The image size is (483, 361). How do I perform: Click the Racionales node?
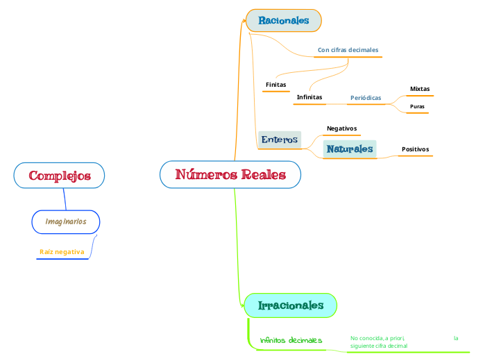[x=283, y=21]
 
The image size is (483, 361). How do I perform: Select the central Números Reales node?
[x=230, y=174]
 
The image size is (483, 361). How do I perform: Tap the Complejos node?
[x=60, y=176]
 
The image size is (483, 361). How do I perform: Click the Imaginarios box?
[x=66, y=221]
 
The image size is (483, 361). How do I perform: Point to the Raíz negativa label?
[x=62, y=251]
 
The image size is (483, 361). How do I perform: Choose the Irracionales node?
[x=290, y=305]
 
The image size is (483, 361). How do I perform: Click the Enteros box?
[x=279, y=140]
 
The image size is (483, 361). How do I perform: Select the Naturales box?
[x=350, y=149]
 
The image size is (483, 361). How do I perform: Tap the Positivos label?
[x=415, y=149]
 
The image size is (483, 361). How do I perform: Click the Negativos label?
[x=341, y=128]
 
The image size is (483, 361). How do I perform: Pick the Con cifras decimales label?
[x=348, y=50]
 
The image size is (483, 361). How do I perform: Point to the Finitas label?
[x=276, y=85]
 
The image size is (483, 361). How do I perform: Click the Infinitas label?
[x=309, y=97]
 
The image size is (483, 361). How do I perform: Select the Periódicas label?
[x=366, y=98]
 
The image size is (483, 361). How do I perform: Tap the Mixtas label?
[x=419, y=89]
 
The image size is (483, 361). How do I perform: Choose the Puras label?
[x=417, y=106]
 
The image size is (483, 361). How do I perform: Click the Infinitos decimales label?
[x=291, y=340]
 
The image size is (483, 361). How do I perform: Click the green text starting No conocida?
[x=379, y=342]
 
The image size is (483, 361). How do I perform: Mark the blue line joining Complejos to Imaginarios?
[x=65, y=199]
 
